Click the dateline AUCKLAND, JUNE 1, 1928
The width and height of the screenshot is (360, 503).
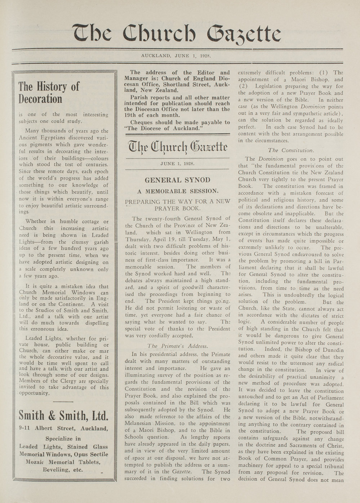[175, 56]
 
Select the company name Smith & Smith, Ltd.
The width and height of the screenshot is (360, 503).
[63, 416]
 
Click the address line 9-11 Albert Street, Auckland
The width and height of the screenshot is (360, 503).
[63, 428]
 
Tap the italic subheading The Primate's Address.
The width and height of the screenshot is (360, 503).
[178, 346]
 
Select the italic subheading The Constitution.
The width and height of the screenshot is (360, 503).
[291, 150]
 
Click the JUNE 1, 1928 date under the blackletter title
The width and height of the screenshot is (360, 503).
[177, 163]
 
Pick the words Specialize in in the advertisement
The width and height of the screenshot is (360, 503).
[63, 439]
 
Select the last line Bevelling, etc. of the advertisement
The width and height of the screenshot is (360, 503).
[63, 470]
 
